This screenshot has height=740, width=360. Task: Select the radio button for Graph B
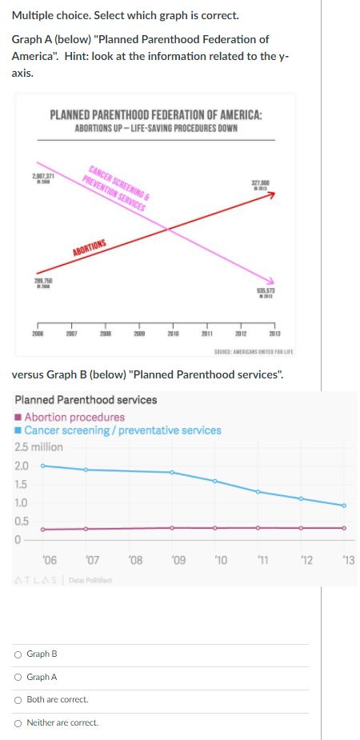19,654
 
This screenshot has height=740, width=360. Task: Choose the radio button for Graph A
19,677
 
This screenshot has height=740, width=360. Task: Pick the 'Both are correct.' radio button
19,700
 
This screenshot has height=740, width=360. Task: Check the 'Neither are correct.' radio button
19,722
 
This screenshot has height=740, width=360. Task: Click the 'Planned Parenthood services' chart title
86,399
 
